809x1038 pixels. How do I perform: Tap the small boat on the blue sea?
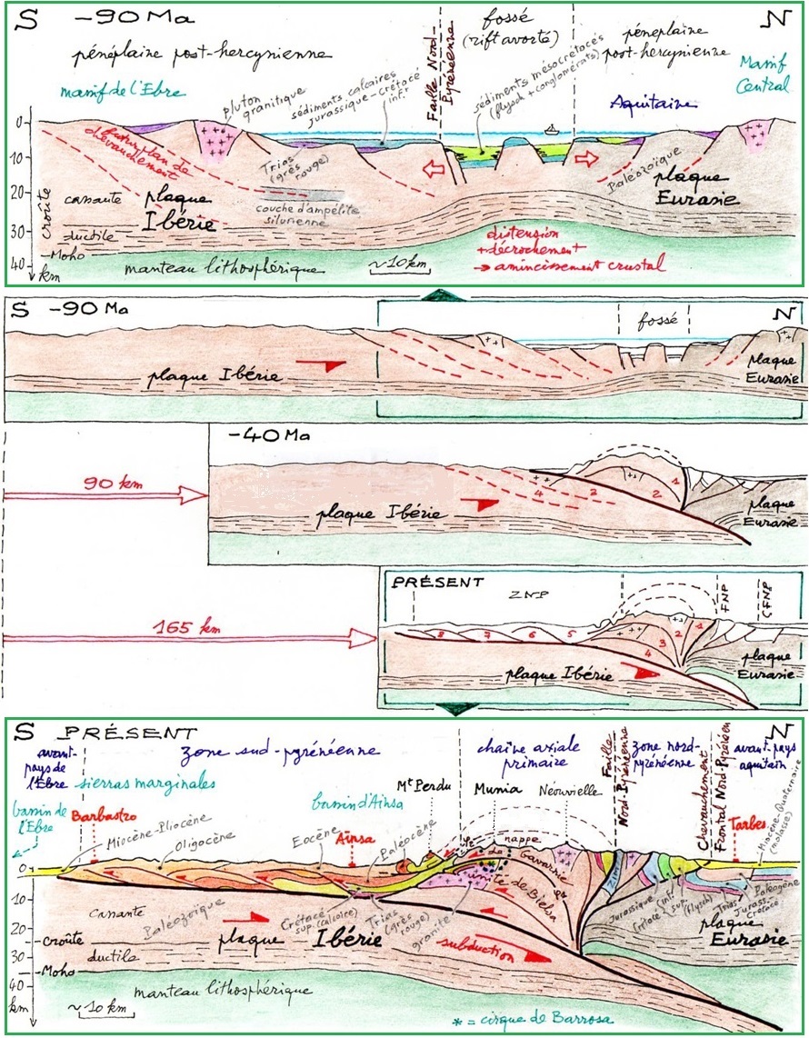pos(551,129)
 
